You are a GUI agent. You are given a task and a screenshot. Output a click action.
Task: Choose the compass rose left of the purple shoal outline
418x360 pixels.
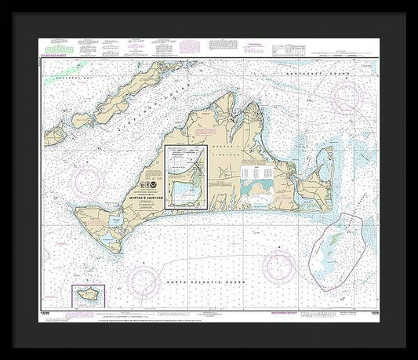pyautogui.click(x=280, y=267)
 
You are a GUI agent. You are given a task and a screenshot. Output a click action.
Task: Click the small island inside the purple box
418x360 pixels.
pyautogui.click(x=85, y=296)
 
